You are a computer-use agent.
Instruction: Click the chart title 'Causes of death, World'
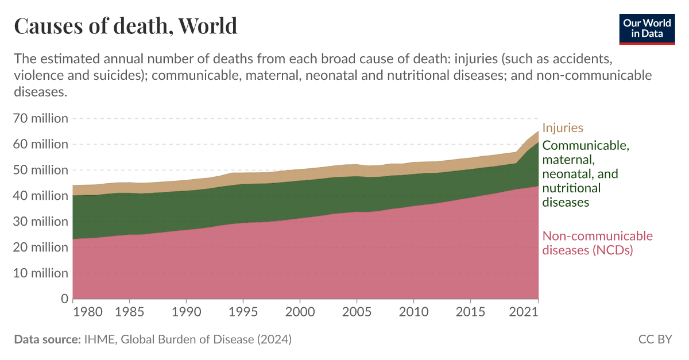[x=125, y=26]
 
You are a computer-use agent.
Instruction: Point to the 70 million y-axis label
[x=41, y=118]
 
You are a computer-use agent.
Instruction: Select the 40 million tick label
[x=41, y=196]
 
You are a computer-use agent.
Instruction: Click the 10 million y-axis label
[x=41, y=273]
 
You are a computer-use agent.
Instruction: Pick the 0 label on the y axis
[x=64, y=299]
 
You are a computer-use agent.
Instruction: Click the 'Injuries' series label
[x=563, y=127]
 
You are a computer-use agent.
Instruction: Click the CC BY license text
[x=655, y=339]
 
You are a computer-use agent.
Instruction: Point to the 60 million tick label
[x=41, y=144]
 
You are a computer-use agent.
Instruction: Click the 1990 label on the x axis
[x=185, y=313]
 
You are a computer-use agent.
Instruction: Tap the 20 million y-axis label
[x=41, y=247]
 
